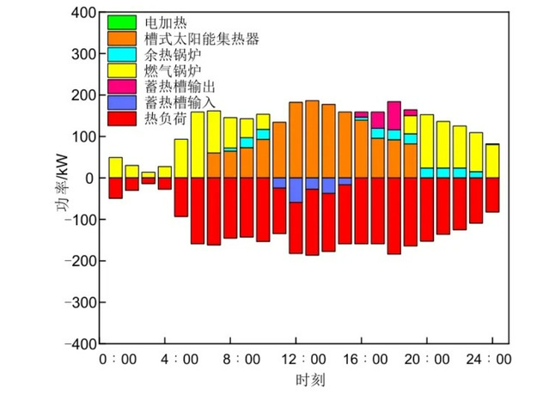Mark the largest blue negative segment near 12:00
pos(296,190)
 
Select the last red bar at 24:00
pos(492,195)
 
